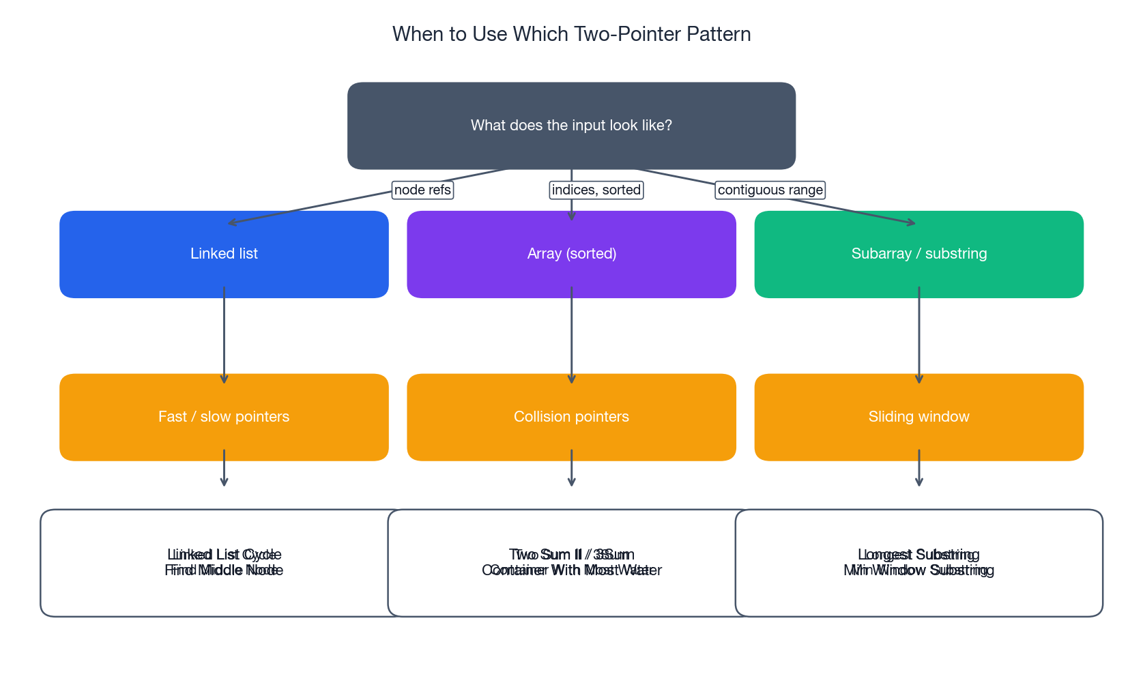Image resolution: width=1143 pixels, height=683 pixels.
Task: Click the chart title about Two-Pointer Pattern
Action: point(571,34)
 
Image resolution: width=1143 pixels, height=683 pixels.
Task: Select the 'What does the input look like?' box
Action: point(571,126)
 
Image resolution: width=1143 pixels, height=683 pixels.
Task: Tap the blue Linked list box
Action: point(224,254)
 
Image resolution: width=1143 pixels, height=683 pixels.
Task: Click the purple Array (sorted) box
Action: point(571,254)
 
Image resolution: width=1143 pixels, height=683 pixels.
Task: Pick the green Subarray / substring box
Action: point(918,254)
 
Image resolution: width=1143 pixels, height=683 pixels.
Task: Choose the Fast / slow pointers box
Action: point(224,417)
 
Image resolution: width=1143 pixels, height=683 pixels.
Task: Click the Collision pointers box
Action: point(571,417)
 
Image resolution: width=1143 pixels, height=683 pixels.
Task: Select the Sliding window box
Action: point(918,417)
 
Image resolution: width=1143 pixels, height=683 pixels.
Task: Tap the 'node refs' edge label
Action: point(422,190)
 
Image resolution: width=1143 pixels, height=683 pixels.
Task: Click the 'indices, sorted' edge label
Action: point(596,190)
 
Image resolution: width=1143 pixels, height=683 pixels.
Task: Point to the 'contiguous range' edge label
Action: point(770,190)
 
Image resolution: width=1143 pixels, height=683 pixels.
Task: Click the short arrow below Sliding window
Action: point(918,469)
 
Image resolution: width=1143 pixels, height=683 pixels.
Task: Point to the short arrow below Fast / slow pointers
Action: point(224,469)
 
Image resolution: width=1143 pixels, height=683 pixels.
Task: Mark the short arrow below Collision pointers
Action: point(571,469)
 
